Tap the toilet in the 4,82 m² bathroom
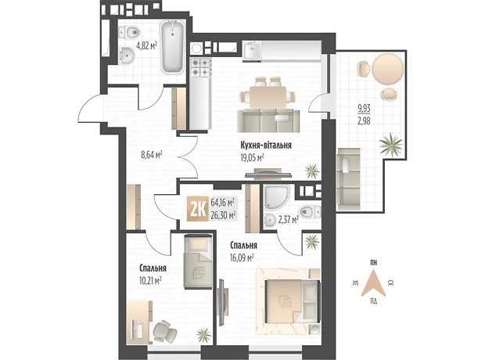129,31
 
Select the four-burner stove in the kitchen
201,67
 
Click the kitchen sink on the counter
251,51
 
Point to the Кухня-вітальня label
266,145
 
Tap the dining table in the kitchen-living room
268,97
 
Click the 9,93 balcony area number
364,109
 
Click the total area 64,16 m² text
222,203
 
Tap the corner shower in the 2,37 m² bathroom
276,198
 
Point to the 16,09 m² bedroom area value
242,257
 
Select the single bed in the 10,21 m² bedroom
198,262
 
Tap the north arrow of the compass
373,283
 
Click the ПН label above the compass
373,263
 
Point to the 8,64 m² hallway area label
152,154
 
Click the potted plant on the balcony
391,144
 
